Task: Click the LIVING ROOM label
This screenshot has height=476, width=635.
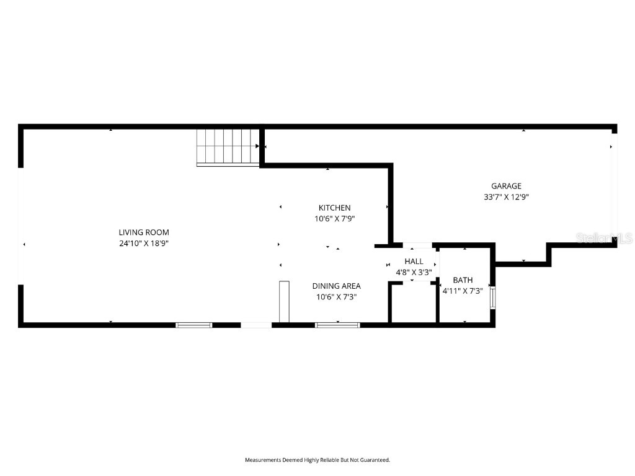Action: tap(144, 232)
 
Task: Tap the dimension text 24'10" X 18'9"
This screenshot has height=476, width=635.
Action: tap(144, 244)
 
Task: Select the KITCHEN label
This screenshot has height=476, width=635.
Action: tap(335, 208)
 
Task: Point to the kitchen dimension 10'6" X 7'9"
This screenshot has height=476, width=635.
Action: tap(335, 219)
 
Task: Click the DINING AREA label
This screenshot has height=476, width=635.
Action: tap(336, 286)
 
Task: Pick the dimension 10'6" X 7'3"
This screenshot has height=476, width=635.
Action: tap(336, 297)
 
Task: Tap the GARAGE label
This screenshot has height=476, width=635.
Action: tap(506, 186)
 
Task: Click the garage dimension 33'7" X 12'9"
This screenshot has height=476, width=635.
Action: tap(506, 197)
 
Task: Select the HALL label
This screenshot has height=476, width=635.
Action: tap(414, 262)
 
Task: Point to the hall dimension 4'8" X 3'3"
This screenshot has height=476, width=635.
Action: tap(414, 272)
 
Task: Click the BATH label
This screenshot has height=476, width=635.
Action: tap(463, 280)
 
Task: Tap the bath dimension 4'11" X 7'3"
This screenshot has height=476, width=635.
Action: tap(463, 291)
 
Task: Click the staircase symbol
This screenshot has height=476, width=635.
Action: tap(228, 147)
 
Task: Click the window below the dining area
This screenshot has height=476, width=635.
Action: tap(337, 325)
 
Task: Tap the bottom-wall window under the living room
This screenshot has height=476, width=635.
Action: tap(194, 325)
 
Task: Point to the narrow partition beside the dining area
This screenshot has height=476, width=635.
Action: tap(284, 301)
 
